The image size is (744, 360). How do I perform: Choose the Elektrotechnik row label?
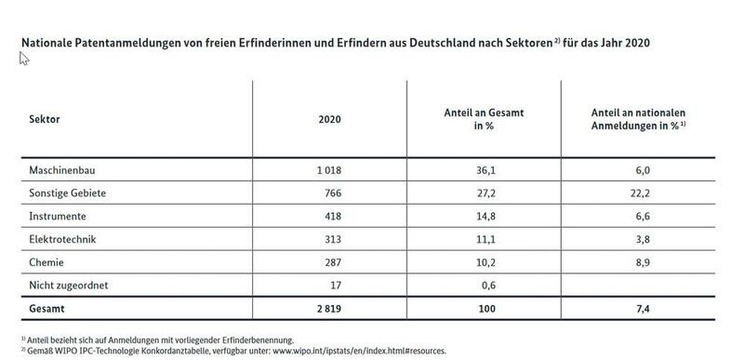[60, 239]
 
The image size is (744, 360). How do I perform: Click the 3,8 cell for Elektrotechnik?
[626, 239]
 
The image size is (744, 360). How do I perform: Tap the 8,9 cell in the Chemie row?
[626, 261]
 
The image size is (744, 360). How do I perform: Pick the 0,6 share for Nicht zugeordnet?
[483, 284]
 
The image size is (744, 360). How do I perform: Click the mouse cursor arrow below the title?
[24, 59]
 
